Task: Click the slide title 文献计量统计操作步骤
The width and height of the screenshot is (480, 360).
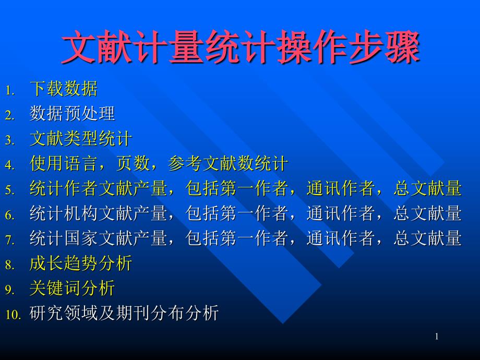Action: [241, 47]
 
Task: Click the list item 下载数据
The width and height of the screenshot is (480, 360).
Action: [64, 89]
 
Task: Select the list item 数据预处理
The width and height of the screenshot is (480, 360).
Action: [72, 114]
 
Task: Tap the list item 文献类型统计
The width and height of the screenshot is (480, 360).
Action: [81, 138]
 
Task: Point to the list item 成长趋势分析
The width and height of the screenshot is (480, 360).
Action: [81, 263]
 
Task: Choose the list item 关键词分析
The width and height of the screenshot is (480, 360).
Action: [72, 288]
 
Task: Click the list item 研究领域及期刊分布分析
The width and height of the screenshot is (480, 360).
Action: [124, 313]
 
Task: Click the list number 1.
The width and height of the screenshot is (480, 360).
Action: [10, 90]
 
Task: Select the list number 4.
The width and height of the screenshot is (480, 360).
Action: [10, 165]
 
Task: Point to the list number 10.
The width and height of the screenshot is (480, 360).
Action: [13, 315]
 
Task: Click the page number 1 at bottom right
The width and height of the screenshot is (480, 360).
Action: [437, 337]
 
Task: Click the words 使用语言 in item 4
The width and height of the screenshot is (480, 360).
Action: [64, 163]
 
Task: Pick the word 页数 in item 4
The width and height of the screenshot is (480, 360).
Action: [133, 163]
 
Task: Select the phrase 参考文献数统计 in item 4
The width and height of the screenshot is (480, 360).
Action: [228, 163]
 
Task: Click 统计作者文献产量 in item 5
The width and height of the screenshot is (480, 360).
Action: [98, 188]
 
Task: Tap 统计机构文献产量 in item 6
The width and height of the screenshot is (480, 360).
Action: [98, 213]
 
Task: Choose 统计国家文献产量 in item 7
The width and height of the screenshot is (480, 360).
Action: [98, 238]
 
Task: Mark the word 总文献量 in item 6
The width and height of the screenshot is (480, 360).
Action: [428, 213]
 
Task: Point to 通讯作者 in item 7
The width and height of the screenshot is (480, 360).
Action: [340, 238]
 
